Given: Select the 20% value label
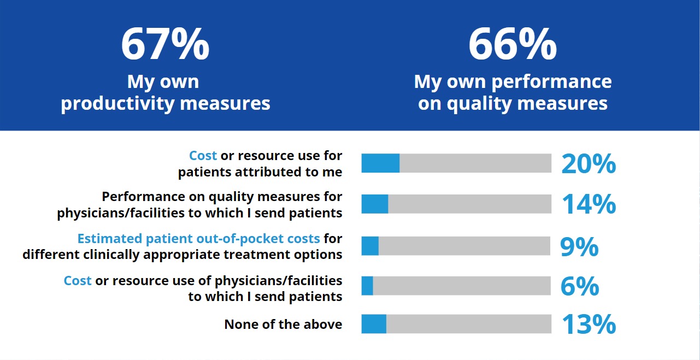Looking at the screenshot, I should tap(589, 163).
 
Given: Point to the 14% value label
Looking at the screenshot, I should tap(589, 204).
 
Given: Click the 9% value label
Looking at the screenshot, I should tap(579, 246).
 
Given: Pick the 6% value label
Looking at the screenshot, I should tap(579, 286).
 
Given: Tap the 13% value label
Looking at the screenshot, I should tap(589, 324).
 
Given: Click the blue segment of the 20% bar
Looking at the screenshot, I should tap(380, 163).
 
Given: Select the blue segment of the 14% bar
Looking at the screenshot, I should tap(375, 204).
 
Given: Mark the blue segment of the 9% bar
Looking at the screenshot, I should tap(370, 246).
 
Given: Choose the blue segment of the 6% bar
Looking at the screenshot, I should tap(367, 286).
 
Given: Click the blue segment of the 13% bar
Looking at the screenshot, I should tap(374, 324).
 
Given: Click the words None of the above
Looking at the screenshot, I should tap(283, 324).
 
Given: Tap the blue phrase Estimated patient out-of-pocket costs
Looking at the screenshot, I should tap(198, 239).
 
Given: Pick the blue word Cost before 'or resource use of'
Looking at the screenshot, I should tap(78, 281).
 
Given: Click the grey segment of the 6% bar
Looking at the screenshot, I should tap(462, 286).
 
